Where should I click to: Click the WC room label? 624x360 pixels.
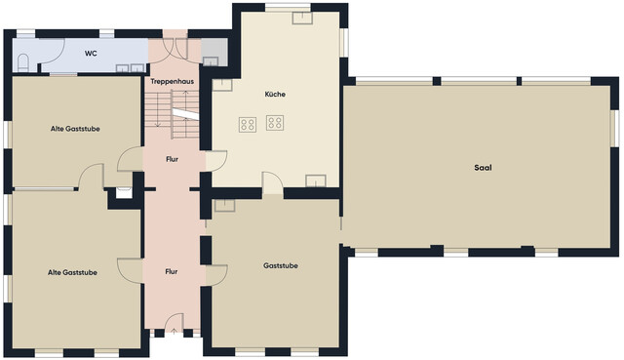pyautogui.click(x=91, y=54)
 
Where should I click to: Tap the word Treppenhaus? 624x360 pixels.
pyautogui.click(x=172, y=81)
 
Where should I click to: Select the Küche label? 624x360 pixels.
pyautogui.click(x=275, y=94)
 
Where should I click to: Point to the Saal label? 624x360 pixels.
pyautogui.click(x=483, y=168)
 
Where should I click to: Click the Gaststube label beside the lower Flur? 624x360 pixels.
pyautogui.click(x=281, y=265)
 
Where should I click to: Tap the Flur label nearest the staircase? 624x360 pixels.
pyautogui.click(x=172, y=159)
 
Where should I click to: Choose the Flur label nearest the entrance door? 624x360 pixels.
pyautogui.click(x=172, y=271)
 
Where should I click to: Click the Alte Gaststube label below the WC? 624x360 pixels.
pyautogui.click(x=75, y=129)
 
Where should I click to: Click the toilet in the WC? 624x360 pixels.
pyautogui.click(x=23, y=62)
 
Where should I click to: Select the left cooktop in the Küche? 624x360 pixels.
pyautogui.click(x=248, y=125)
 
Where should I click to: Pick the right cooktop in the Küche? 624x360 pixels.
pyautogui.click(x=275, y=123)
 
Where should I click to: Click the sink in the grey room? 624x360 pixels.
pyautogui.click(x=211, y=61)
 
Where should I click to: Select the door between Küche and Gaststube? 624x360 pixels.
pyautogui.click(x=273, y=183)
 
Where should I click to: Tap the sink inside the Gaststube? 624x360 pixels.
pyautogui.click(x=225, y=206)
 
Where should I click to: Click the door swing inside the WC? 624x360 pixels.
pyautogui.click(x=52, y=51)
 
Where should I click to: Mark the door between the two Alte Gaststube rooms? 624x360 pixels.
pyautogui.click(x=91, y=176)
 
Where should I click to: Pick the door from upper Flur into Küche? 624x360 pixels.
pyautogui.click(x=216, y=161)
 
